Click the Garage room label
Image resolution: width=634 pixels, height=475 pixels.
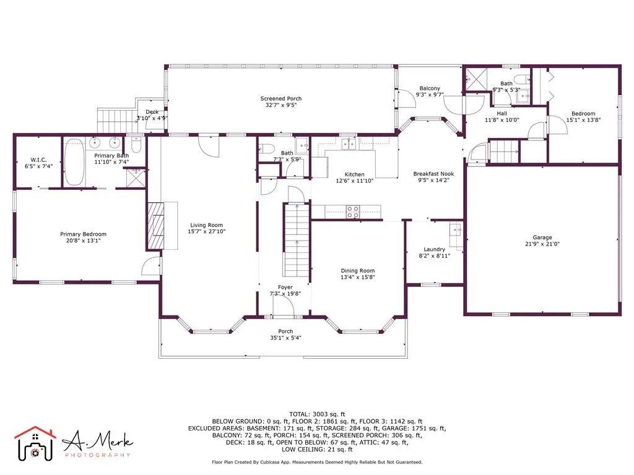[x=542, y=237]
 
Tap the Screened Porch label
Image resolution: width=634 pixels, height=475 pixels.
[x=280, y=98]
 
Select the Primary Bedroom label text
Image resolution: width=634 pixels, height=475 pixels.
[x=83, y=234]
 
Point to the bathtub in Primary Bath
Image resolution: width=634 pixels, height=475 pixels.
[x=75, y=161]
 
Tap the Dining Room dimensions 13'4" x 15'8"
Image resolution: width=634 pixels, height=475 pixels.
[x=357, y=277]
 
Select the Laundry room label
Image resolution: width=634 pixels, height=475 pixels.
[x=435, y=249]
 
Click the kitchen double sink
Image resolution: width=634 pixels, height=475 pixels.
[x=349, y=143]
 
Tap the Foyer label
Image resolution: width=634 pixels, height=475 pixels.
[x=285, y=287]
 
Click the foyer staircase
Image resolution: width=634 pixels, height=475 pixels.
[x=296, y=241]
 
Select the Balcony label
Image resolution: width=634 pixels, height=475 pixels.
[x=429, y=88]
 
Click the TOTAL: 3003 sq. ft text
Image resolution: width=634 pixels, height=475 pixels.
[x=317, y=414]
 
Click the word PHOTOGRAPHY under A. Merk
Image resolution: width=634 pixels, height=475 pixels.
[x=97, y=455]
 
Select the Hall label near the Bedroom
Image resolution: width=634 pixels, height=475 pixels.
[x=502, y=114]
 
